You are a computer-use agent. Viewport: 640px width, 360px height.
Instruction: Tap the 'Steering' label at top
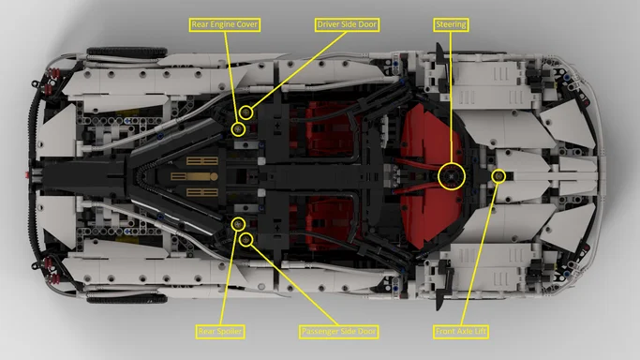pos(452,22)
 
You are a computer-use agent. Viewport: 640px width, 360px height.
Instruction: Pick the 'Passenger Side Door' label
pos(338,331)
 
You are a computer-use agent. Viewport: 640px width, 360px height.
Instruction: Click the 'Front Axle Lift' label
pos(461,331)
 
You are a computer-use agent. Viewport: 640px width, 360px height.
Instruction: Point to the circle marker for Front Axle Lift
pos(499,175)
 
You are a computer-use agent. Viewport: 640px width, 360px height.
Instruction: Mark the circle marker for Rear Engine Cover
pos(238,127)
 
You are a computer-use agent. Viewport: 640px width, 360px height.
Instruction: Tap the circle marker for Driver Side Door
pos(246,112)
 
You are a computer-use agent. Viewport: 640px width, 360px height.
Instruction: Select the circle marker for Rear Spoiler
pos(238,223)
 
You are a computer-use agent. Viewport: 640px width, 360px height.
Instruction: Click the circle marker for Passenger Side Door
pos(246,239)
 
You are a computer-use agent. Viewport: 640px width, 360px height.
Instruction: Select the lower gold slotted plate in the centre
pos(202,192)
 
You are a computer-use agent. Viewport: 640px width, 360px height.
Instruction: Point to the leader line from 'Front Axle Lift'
pos(480,253)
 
